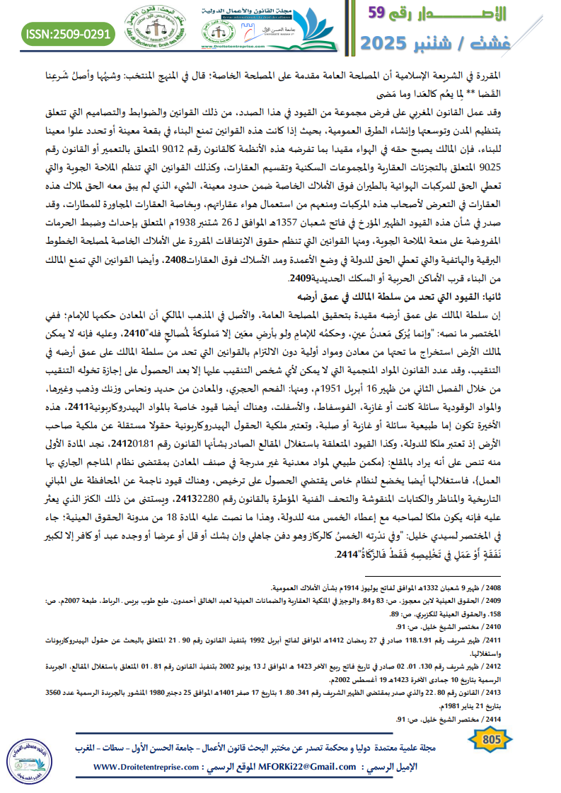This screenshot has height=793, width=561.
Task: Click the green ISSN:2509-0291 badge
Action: pyautogui.click(x=68, y=33)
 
